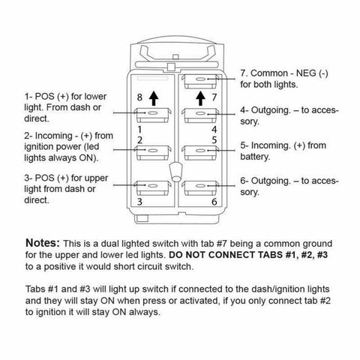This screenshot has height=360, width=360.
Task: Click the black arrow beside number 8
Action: [x=154, y=98]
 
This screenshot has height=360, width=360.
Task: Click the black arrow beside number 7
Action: [x=199, y=98]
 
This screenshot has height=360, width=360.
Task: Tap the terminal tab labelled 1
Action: [x=153, y=115]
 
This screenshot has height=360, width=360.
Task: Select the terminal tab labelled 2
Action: [x=153, y=152]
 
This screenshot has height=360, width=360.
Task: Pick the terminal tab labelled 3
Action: [x=153, y=188]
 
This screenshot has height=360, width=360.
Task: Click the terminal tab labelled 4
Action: [x=200, y=115]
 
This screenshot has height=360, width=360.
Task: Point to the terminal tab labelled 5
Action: [x=200, y=152]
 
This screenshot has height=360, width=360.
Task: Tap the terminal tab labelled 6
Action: [x=200, y=188]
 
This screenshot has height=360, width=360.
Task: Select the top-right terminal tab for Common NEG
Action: [x=200, y=81]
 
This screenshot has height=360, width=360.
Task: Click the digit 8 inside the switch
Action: [x=139, y=97]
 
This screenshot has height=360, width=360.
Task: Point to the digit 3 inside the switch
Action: [x=139, y=202]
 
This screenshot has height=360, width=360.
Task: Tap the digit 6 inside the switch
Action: [x=214, y=202]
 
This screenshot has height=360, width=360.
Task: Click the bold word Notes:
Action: [x=43, y=243]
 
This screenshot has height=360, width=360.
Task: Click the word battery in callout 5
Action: [x=255, y=157]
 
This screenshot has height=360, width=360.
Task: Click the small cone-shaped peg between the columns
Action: [x=175, y=172]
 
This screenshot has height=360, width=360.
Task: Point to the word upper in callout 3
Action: [x=96, y=178]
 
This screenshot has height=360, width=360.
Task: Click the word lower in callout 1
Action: [x=95, y=96]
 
